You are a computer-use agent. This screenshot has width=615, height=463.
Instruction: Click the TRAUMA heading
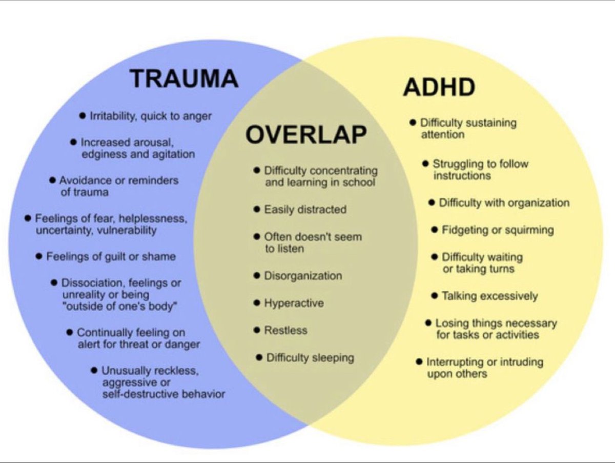(x=183, y=79)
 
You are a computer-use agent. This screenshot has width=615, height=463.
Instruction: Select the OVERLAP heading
(x=305, y=135)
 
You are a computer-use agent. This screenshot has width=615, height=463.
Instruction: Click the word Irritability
(x=111, y=116)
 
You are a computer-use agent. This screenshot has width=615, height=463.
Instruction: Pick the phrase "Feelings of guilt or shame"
(x=111, y=256)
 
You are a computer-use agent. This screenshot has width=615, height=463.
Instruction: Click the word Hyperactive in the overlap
(x=294, y=303)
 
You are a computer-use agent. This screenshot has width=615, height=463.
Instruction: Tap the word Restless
(x=285, y=330)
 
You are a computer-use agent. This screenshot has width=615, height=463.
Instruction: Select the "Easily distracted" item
(x=305, y=209)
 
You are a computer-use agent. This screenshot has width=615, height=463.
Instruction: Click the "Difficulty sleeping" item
(x=310, y=357)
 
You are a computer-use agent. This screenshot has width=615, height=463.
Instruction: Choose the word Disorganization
(x=302, y=276)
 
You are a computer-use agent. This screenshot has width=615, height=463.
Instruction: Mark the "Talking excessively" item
(x=489, y=296)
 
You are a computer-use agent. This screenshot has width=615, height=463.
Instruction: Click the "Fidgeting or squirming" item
(x=497, y=230)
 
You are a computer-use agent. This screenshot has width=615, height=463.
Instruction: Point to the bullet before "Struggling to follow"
(x=425, y=164)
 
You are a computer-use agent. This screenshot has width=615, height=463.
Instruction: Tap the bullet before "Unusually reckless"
(x=94, y=370)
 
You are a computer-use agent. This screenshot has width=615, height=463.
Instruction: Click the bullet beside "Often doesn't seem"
(x=257, y=237)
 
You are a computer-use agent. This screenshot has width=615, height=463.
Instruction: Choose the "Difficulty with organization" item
(x=504, y=203)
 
